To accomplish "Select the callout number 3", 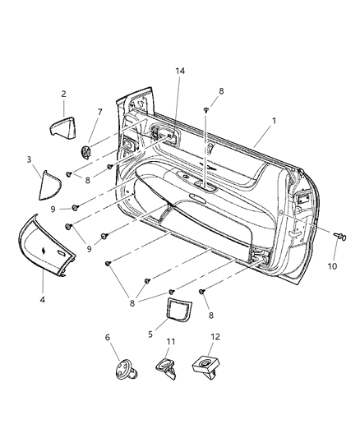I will pyautogui.click(x=30, y=159).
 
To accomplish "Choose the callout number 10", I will pyautogui.click(x=332, y=266).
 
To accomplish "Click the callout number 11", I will pyautogui.click(x=170, y=341).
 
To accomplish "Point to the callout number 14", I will pyautogui.click(x=180, y=71).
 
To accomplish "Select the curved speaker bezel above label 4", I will pyautogui.click(x=44, y=247).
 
